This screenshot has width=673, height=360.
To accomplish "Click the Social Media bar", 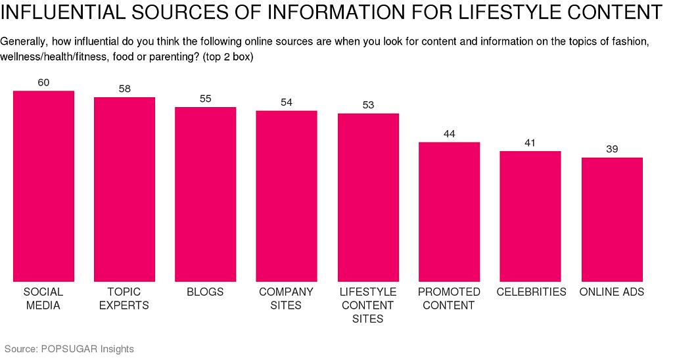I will pos(43,186).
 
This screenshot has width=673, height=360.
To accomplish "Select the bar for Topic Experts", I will pos(124,189).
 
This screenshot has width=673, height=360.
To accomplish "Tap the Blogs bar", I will pos(205,194).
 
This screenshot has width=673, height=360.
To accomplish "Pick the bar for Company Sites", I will pos(287,196).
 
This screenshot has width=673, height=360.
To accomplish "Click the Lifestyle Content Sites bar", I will pos(368,197).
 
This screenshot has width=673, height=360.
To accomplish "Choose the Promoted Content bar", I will pos(449,212).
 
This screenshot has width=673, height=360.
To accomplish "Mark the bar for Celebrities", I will pos(530,216).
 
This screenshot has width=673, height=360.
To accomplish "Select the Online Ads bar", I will pos(612,219).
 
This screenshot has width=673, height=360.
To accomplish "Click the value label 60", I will pos(43,83).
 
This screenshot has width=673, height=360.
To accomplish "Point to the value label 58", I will pos(124,89).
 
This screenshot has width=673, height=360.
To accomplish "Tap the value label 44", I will pos(449,133).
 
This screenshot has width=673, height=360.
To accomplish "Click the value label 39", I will pos(612,149).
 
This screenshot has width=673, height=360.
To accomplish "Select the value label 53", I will pos(368,105).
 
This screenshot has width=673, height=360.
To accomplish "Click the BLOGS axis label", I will pos(205,292).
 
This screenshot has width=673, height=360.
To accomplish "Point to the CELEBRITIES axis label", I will pos(531,292).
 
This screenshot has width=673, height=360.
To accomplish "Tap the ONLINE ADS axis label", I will pos(612,292).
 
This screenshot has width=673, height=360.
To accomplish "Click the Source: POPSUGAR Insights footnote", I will pos(69,349).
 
